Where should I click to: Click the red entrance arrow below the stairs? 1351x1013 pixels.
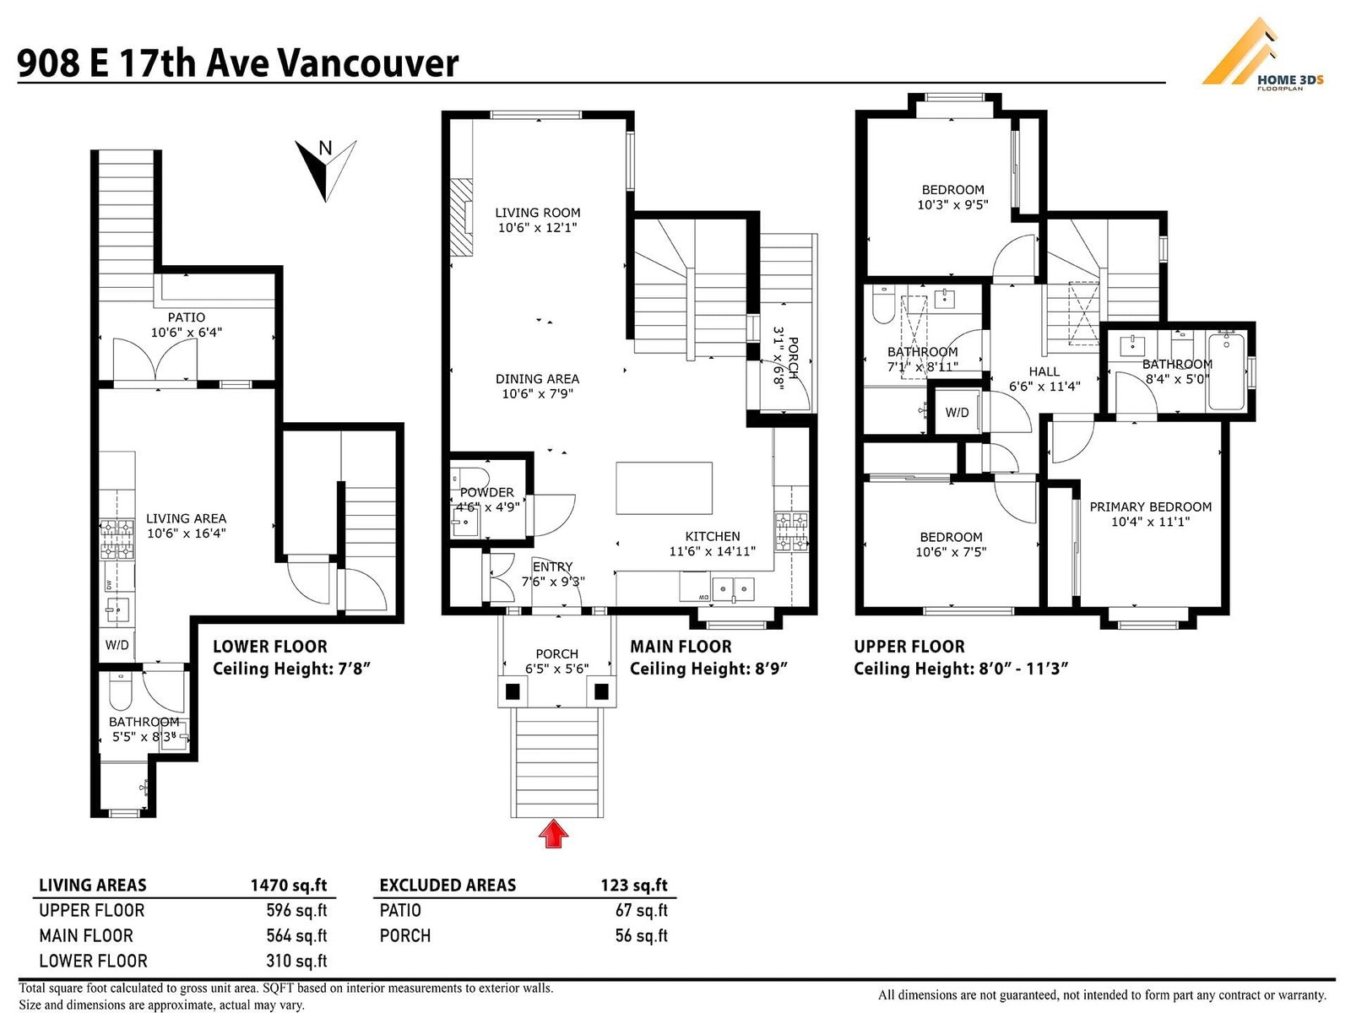553,833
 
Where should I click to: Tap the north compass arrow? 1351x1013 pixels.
326,171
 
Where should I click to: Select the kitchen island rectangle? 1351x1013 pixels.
665,489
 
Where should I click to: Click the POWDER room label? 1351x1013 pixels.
487,493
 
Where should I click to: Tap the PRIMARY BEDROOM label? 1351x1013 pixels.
1150,506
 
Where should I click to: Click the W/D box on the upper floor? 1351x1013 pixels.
957,411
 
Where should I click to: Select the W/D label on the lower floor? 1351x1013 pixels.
117,645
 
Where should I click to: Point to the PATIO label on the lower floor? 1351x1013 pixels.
187,317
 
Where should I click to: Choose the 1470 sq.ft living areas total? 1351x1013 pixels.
289,885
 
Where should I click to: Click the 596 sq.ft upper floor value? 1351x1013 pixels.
296,910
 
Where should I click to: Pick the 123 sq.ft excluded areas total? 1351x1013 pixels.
634,885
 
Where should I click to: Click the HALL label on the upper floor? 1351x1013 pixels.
1044,371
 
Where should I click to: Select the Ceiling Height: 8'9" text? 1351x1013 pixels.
708,669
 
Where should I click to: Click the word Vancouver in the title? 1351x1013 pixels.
366,63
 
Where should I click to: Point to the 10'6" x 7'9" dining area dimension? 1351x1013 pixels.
537,393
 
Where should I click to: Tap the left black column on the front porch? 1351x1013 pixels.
512,691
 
